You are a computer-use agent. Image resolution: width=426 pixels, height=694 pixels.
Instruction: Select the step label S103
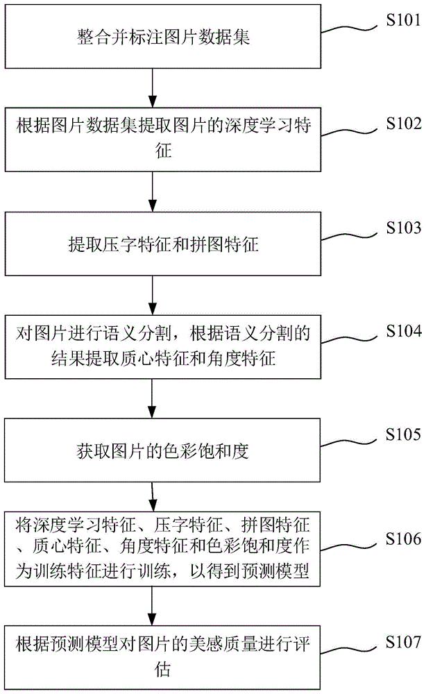pos(402,227)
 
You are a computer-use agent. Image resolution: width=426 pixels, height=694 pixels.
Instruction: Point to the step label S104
pos(402,331)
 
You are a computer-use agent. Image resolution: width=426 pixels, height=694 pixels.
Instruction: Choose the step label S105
pos(402,435)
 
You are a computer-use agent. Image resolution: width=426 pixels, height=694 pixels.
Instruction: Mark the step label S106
pos(402,539)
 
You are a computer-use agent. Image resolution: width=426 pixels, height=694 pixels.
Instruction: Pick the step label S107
pos(402,642)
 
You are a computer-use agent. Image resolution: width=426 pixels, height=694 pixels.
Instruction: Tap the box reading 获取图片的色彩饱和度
pos(152,452)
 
